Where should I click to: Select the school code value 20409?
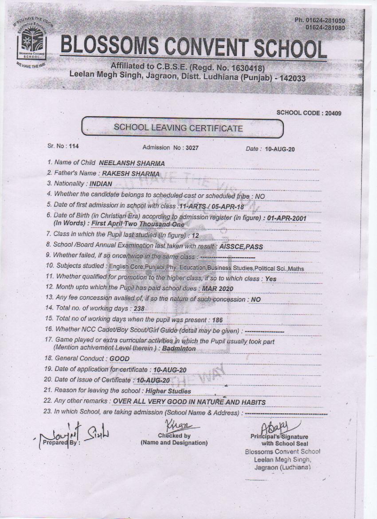point(333,113)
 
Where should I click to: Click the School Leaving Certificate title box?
point(182,128)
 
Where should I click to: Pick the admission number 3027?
point(191,148)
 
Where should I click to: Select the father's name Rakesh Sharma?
point(131,173)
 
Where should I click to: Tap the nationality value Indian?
point(101,183)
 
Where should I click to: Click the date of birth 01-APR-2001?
point(287,218)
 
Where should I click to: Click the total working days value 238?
point(139,309)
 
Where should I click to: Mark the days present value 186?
point(217,319)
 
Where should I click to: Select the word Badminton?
point(179,349)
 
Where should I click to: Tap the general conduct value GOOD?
point(119,358)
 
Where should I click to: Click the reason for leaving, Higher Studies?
point(169,391)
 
